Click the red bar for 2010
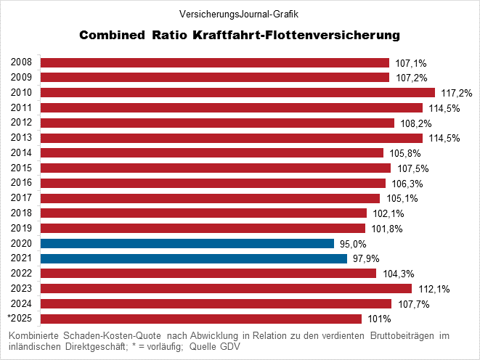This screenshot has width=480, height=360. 237,92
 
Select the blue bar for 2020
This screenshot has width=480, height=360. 187,243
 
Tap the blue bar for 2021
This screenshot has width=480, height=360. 194,258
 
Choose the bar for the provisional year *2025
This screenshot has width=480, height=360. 201,319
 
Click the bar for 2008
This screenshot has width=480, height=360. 215,62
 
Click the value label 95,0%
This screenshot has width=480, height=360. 354,244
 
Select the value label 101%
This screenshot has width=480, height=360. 378,319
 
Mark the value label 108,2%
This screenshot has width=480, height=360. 414,123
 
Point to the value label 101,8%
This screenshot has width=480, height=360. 387,229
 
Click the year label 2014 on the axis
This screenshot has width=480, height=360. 21,152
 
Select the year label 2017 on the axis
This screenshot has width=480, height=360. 21,197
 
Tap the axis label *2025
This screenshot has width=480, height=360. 20,319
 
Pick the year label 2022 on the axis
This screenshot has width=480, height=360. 21,273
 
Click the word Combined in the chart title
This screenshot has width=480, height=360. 111,35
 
